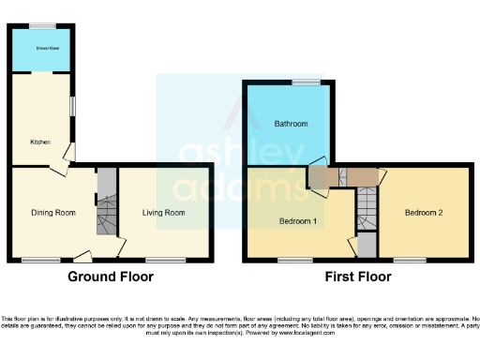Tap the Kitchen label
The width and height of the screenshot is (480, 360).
coord(40,142)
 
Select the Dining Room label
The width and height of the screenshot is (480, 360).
coord(53,213)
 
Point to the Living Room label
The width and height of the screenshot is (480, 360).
coord(164,213)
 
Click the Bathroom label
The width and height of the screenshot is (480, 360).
coord(291,124)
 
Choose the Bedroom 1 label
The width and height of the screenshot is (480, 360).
coord(299,221)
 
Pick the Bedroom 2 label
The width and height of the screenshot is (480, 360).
coord(424,213)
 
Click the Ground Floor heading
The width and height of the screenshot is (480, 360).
coord(111,277)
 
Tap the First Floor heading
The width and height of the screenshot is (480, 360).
coord(357,277)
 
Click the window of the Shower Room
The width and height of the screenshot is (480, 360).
coord(41,24)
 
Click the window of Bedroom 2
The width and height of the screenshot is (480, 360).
coord(410,259)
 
